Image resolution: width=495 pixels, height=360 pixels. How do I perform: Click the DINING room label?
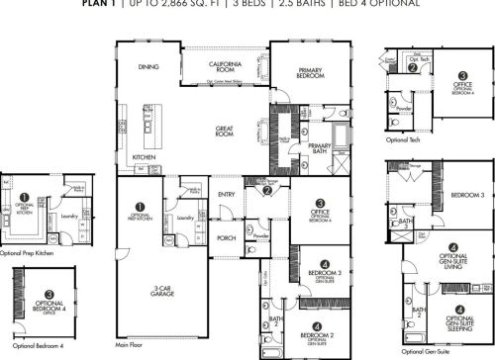(148, 67)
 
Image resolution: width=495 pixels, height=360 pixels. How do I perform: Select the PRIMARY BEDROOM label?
(305, 72)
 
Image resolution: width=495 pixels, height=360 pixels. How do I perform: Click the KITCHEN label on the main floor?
(145, 158)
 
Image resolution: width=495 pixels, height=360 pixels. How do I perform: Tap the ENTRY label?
(227, 194)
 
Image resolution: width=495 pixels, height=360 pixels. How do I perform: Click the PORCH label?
(227, 238)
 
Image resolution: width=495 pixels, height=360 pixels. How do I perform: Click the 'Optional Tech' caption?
(402, 139)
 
